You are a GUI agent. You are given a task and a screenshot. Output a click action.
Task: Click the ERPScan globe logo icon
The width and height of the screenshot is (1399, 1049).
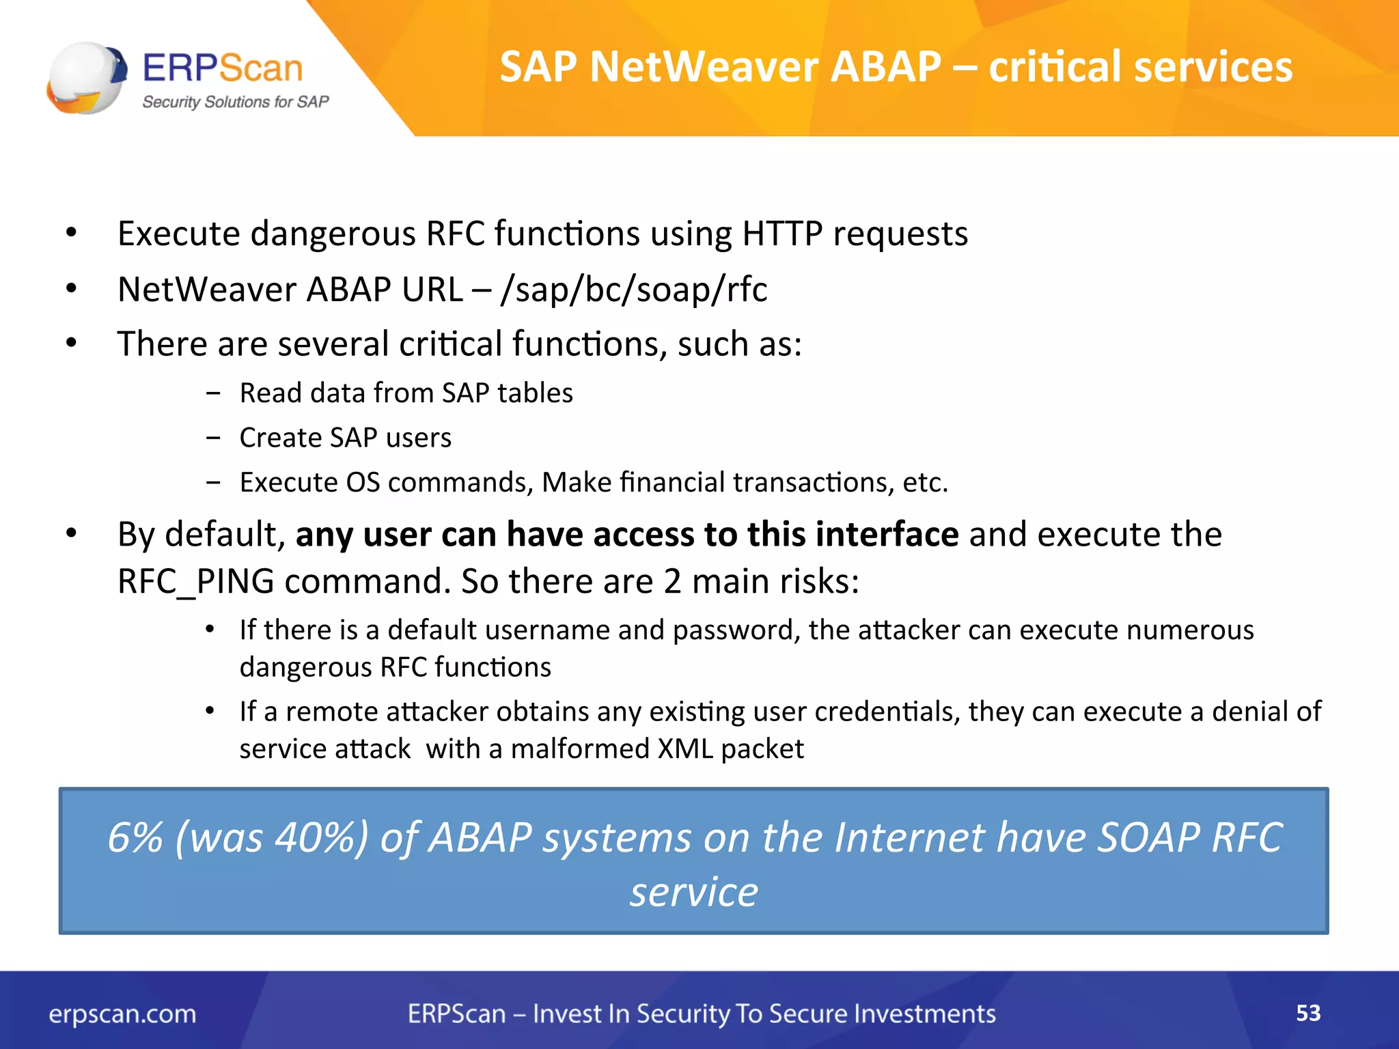click(86, 77)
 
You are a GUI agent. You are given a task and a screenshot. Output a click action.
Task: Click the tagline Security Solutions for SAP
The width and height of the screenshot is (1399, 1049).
click(235, 102)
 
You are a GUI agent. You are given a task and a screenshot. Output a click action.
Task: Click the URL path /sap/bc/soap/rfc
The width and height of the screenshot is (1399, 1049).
click(633, 290)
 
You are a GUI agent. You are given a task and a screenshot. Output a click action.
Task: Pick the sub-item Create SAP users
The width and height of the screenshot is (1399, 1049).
click(345, 438)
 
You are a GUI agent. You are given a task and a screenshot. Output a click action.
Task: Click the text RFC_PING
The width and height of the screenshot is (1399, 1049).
click(196, 582)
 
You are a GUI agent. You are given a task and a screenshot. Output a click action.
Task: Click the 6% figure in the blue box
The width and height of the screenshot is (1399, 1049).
click(135, 837)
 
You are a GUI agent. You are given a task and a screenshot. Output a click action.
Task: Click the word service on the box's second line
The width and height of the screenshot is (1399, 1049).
click(693, 892)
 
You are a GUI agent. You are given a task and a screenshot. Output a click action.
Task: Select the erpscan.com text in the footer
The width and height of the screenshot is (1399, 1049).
click(122, 1014)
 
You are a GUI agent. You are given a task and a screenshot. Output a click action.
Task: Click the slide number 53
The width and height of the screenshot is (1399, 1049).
click(1307, 1013)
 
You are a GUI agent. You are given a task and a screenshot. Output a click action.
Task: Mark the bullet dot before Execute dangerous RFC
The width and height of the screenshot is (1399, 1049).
click(72, 234)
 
